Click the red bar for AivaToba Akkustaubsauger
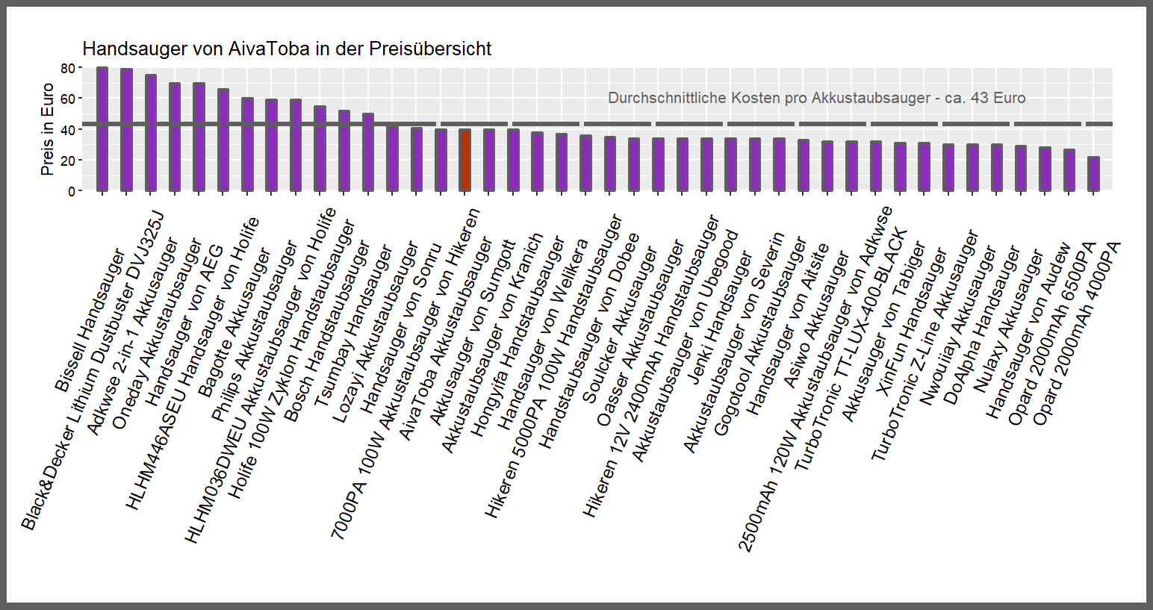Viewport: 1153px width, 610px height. (x=464, y=160)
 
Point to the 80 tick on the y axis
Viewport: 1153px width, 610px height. (x=68, y=68)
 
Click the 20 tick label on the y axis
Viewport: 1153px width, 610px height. (x=68, y=161)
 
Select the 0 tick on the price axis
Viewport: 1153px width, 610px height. (x=71, y=191)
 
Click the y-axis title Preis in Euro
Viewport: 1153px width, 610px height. (x=47, y=129)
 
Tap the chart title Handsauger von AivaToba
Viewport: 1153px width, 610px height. (x=287, y=49)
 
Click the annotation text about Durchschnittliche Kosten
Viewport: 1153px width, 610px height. (x=816, y=99)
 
